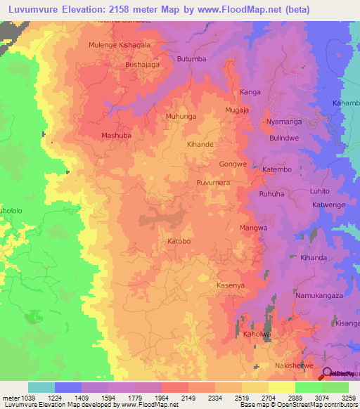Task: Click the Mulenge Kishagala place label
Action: pos(118,44)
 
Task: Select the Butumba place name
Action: pos(192,59)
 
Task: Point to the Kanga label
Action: pos(250,92)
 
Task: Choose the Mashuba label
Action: pos(117,135)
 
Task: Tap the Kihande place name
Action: pos(200,144)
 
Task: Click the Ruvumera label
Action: pos(214,182)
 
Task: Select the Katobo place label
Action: pos(179,242)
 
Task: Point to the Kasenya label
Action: pos(231,285)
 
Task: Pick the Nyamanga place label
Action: pos(283,122)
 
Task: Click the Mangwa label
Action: pos(254,228)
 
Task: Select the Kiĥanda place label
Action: pos(314,258)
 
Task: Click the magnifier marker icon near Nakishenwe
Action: pos(328,374)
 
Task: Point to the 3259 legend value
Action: pos(340,397)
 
